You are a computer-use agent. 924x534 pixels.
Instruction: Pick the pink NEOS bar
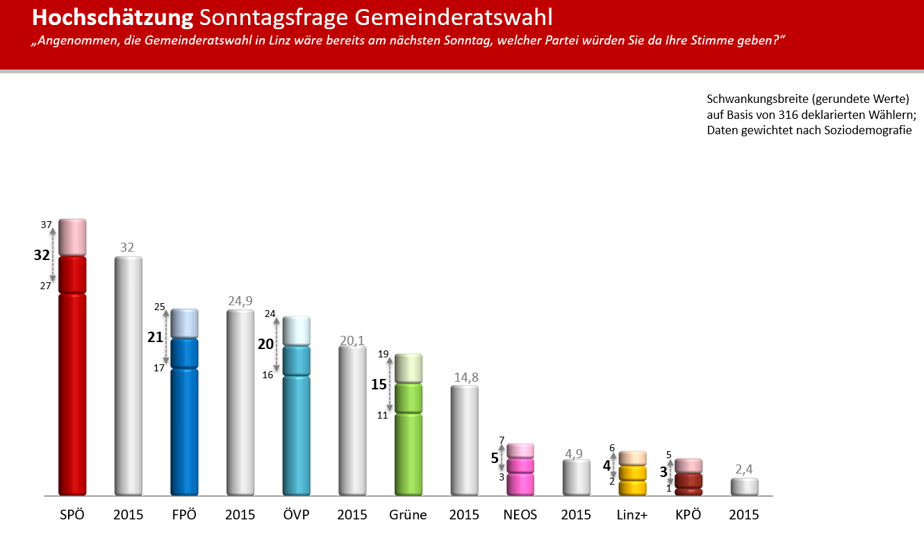pos(520,473)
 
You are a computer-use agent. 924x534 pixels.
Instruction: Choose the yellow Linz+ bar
pos(633,476)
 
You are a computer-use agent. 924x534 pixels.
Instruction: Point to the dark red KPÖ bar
pos(688,480)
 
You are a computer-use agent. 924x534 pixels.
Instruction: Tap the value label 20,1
pos(352,339)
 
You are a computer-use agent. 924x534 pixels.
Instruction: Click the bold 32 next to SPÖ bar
pos(42,255)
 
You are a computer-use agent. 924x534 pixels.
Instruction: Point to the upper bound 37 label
pos(47,225)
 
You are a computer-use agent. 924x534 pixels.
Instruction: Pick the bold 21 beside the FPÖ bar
pos(155,337)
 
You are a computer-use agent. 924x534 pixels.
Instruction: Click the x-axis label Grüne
pos(408,515)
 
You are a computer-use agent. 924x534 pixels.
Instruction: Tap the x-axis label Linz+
pos(632,515)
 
